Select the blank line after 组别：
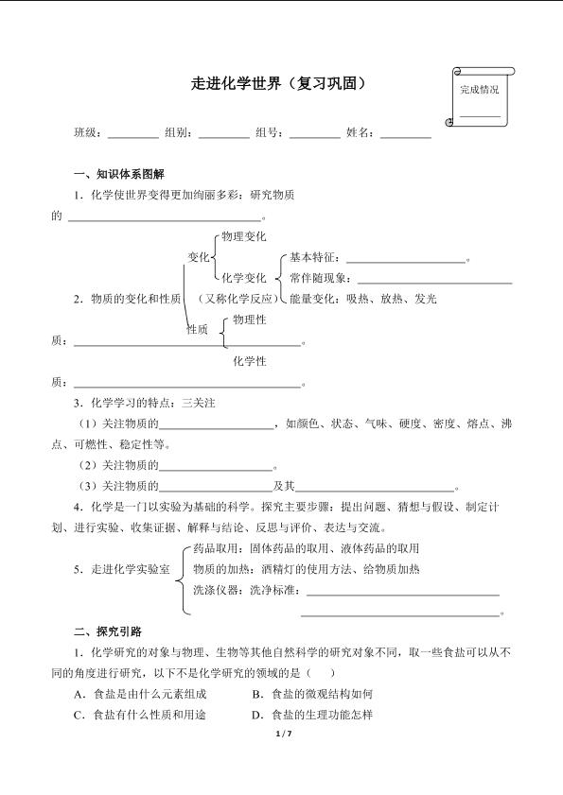[223, 137]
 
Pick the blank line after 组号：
[314, 137]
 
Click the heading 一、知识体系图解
[118, 175]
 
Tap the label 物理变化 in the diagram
[242, 236]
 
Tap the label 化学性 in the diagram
[249, 361]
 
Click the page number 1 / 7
[282, 735]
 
